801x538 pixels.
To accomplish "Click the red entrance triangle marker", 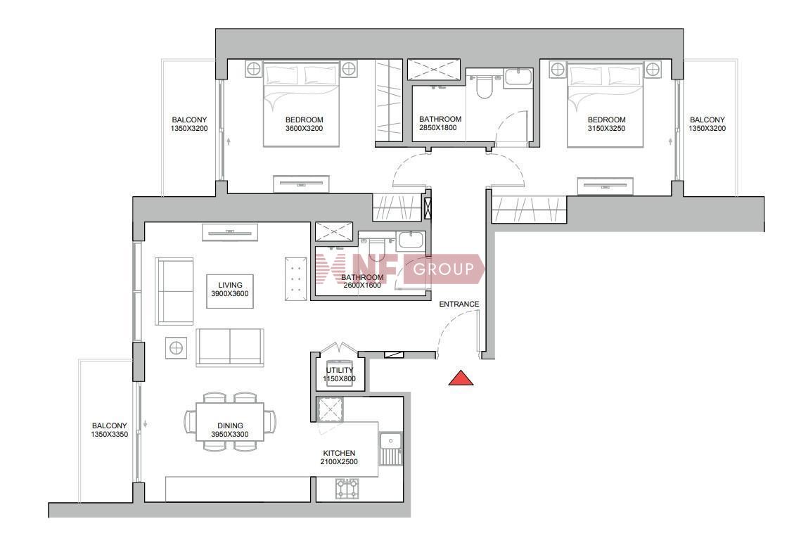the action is coord(461,378).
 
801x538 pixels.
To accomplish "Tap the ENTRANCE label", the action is coord(459,304).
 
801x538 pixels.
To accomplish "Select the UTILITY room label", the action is coord(340,370).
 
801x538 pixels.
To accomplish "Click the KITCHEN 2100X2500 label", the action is coord(339,457).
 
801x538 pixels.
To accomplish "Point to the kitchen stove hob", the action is coord(347,489).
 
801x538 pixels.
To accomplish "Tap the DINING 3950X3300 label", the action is coord(230,430).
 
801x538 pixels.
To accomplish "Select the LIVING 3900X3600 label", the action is coord(230,290).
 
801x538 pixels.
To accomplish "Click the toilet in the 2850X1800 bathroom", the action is coord(482,85).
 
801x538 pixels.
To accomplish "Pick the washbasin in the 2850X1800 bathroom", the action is coord(518,77).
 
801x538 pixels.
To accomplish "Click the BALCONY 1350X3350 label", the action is coord(109,430).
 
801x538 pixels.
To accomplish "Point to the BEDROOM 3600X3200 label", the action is coord(305,124).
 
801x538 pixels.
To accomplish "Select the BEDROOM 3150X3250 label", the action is coord(606,124).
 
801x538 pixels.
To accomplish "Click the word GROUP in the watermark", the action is coord(444,269).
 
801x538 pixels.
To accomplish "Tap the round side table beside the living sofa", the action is coord(176,348).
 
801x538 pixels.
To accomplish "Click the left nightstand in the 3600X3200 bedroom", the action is coord(253,69).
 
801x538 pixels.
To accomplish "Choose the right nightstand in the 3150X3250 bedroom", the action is coord(653,69).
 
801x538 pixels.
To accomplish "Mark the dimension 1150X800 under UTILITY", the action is coord(339,378).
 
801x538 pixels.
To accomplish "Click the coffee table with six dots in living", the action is coord(295,278).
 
